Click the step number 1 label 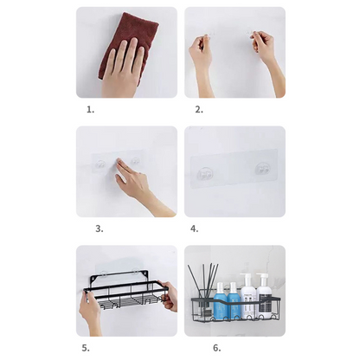click(x=91, y=110)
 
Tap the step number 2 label click(x=199, y=110)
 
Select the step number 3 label click(x=100, y=228)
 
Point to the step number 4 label click(x=194, y=228)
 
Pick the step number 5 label click(x=86, y=348)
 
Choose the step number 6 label click(x=217, y=348)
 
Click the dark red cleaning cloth click(x=127, y=43)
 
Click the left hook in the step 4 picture click(x=205, y=174)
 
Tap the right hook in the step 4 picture click(x=262, y=170)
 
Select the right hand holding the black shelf click(x=170, y=296)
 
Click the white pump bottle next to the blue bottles click(x=248, y=296)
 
